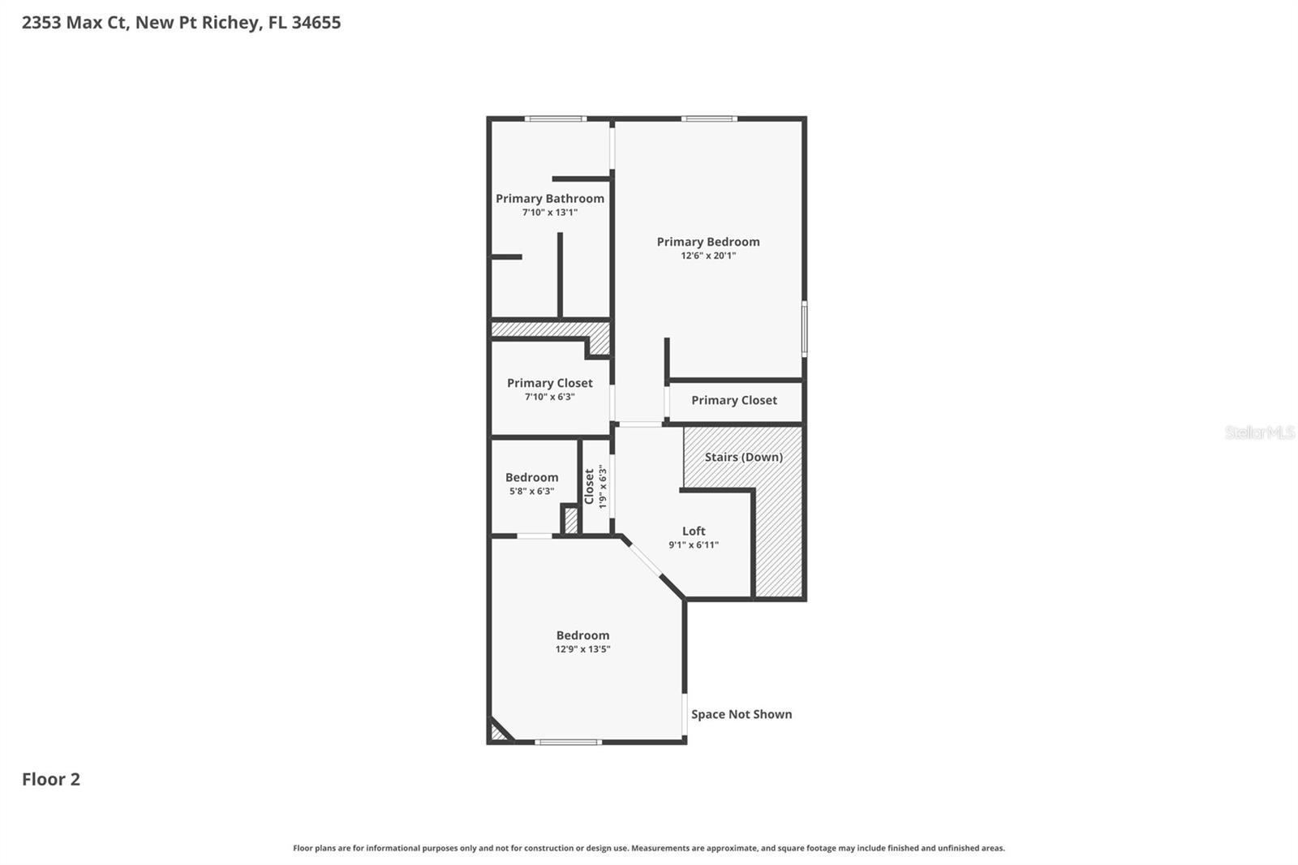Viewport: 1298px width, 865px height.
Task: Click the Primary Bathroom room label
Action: tap(549, 198)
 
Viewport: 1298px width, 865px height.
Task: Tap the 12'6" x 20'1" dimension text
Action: tap(708, 256)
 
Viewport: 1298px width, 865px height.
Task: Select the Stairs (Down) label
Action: tap(743, 457)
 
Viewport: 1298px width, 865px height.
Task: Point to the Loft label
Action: tap(694, 531)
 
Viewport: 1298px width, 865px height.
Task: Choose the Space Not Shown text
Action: tap(741, 714)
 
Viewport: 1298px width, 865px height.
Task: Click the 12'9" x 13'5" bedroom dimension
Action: tap(582, 649)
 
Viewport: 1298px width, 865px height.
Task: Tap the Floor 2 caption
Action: tap(50, 779)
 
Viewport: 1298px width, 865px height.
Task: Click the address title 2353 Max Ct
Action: tap(181, 22)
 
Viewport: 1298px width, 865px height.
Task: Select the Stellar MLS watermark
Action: tap(1259, 432)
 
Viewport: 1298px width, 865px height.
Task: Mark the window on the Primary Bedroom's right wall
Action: tap(804, 329)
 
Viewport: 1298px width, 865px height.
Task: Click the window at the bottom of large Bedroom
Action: tap(568, 742)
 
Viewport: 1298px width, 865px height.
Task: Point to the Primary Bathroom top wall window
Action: tap(555, 119)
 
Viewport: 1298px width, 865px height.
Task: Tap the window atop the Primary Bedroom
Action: tap(709, 119)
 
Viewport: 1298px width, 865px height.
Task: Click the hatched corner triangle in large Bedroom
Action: tap(497, 734)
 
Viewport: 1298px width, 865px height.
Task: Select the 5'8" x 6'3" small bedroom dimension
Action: tap(531, 491)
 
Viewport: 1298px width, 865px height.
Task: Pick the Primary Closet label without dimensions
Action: tap(733, 400)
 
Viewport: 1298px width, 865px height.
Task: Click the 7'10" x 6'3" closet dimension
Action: tap(549, 397)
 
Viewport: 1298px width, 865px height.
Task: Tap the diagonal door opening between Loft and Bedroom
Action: tap(645, 558)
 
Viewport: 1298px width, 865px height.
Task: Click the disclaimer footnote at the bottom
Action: tap(648, 848)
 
